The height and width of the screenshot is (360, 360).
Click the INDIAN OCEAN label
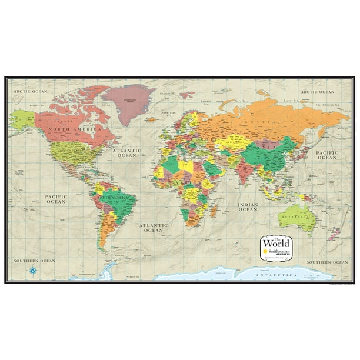pyautogui.click(x=248, y=207)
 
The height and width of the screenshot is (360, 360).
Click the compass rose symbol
pyautogui.click(x=32, y=271)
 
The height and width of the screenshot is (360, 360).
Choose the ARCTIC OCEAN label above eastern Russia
pyautogui.click(x=317, y=92)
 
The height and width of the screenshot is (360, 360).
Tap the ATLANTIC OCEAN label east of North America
pyautogui.click(x=126, y=153)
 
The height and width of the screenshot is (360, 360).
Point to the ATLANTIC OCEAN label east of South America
pyautogui.click(x=154, y=227)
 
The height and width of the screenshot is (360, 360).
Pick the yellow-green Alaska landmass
pyautogui.click(x=22, y=119)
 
